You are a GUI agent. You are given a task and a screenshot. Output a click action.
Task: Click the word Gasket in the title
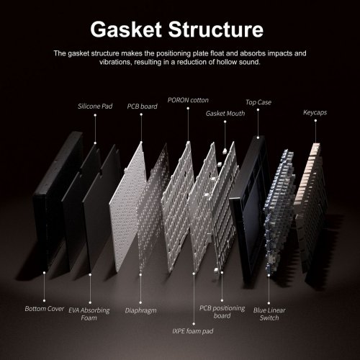(126, 30)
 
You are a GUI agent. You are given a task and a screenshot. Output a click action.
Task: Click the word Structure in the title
(216, 30)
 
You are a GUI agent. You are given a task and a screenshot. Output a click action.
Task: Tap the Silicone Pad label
(95, 107)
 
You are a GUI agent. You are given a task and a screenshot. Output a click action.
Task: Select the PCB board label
(142, 107)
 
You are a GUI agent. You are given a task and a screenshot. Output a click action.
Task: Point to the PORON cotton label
(188, 100)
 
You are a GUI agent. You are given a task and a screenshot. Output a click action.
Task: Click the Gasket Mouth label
(225, 113)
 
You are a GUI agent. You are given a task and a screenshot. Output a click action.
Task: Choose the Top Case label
(258, 102)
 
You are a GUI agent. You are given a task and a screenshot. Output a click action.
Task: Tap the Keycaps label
(315, 112)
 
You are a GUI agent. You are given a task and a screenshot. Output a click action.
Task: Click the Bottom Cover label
(45, 309)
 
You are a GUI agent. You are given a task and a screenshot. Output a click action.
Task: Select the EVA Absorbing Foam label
(89, 314)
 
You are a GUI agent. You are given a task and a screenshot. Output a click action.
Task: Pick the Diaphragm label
(140, 310)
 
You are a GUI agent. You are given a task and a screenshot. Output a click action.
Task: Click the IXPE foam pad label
(193, 331)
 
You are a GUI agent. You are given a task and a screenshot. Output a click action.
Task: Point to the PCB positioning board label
(222, 312)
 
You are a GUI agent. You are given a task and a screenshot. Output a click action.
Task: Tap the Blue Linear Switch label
(269, 314)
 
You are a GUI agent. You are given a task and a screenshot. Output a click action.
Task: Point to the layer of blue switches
(279, 209)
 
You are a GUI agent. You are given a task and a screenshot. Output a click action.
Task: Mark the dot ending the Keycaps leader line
(315, 121)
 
